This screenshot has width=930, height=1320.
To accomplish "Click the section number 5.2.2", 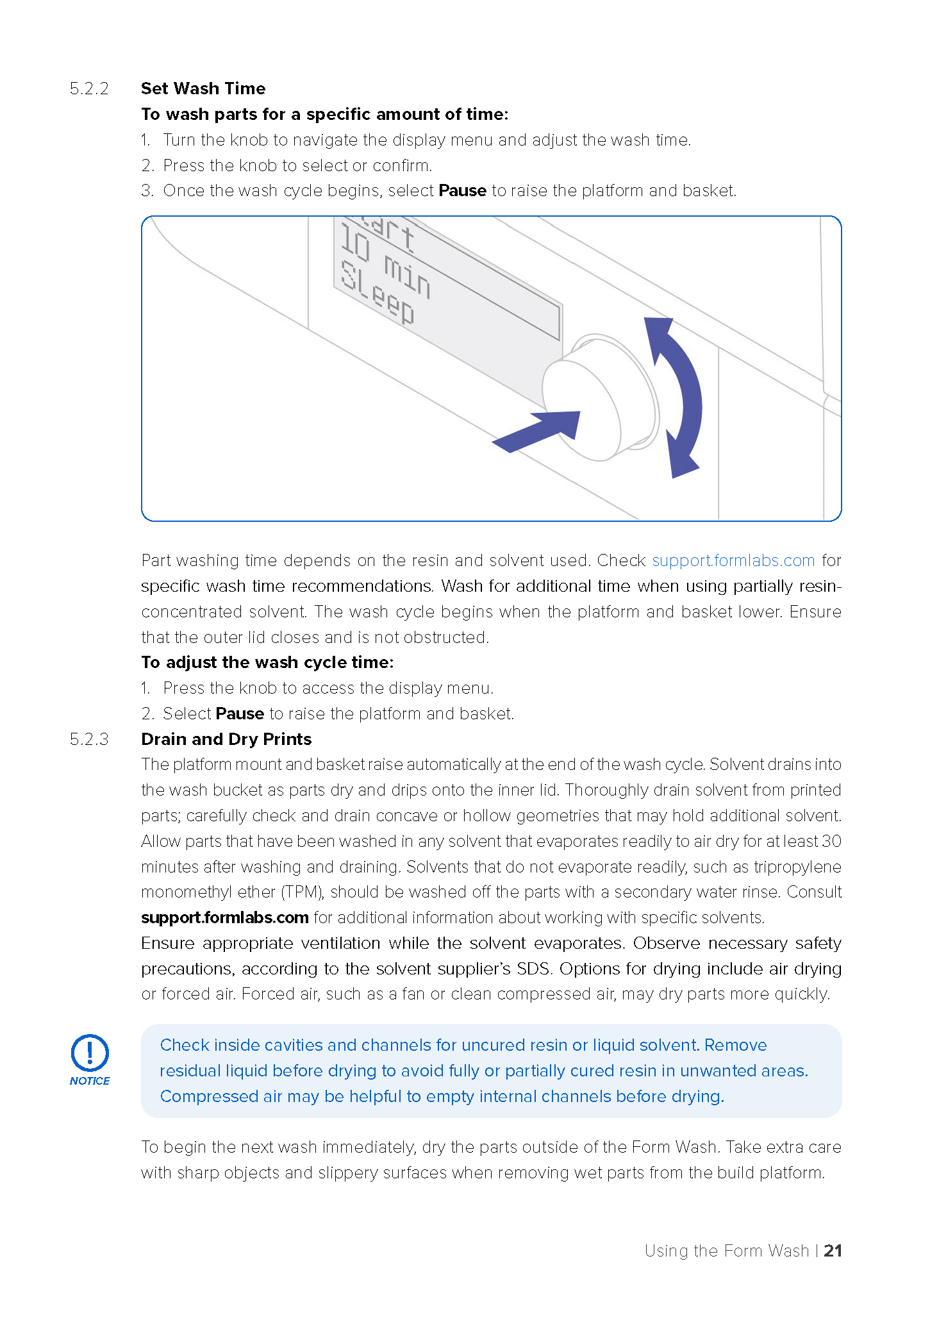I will pos(89,88).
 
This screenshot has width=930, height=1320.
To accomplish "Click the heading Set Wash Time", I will pos(203,88).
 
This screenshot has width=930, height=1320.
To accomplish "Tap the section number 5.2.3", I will pos(89,739).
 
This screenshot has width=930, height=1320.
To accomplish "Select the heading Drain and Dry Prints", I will pos(226,739).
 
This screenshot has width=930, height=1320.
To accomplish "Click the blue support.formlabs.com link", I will pos(733,560).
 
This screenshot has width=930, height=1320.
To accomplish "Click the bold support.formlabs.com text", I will pos(225,917).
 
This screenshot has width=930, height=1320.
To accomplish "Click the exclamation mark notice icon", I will pos(90,1053).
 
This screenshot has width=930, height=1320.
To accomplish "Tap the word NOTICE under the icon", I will pos(90,1081).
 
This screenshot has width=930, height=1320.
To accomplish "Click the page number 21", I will pos(833,1250).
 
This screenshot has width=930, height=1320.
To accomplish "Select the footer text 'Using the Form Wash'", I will pos(727,1251).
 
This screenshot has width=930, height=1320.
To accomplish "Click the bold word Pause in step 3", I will pos(462,190).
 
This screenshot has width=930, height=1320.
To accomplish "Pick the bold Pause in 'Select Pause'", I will pos(240,714).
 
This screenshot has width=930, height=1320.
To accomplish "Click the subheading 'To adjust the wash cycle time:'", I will pos(267,662).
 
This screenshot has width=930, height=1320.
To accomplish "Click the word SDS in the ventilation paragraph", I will pos(533,969).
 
